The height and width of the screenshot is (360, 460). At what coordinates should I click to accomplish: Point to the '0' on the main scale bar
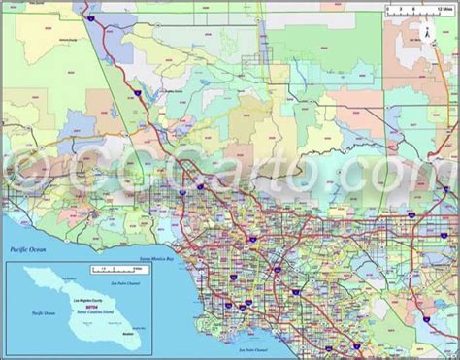coord(385,11)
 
